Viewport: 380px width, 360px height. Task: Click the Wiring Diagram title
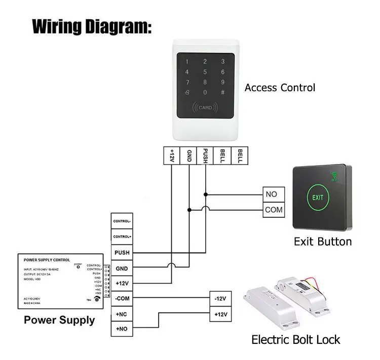[92, 26]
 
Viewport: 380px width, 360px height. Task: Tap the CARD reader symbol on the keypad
[205, 107]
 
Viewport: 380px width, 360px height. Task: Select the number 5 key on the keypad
[205, 72]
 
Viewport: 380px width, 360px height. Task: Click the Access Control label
[280, 88]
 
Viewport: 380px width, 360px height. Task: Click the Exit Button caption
[323, 242]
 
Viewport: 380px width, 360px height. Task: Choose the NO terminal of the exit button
[271, 194]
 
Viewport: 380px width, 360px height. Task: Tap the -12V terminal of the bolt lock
[220, 298]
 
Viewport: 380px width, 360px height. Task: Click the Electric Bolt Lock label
[296, 339]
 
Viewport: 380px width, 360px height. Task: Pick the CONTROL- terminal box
[122, 221]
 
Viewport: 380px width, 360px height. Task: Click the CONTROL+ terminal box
[122, 236]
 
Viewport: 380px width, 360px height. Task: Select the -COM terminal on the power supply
[122, 298]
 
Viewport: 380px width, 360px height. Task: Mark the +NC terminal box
[122, 314]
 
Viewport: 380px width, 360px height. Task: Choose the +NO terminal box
[122, 329]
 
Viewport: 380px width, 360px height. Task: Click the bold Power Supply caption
[59, 320]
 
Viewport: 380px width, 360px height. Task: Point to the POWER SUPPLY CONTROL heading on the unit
[48, 260]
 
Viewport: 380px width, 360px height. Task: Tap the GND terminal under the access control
[189, 154]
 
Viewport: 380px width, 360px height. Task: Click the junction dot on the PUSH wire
[206, 194]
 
